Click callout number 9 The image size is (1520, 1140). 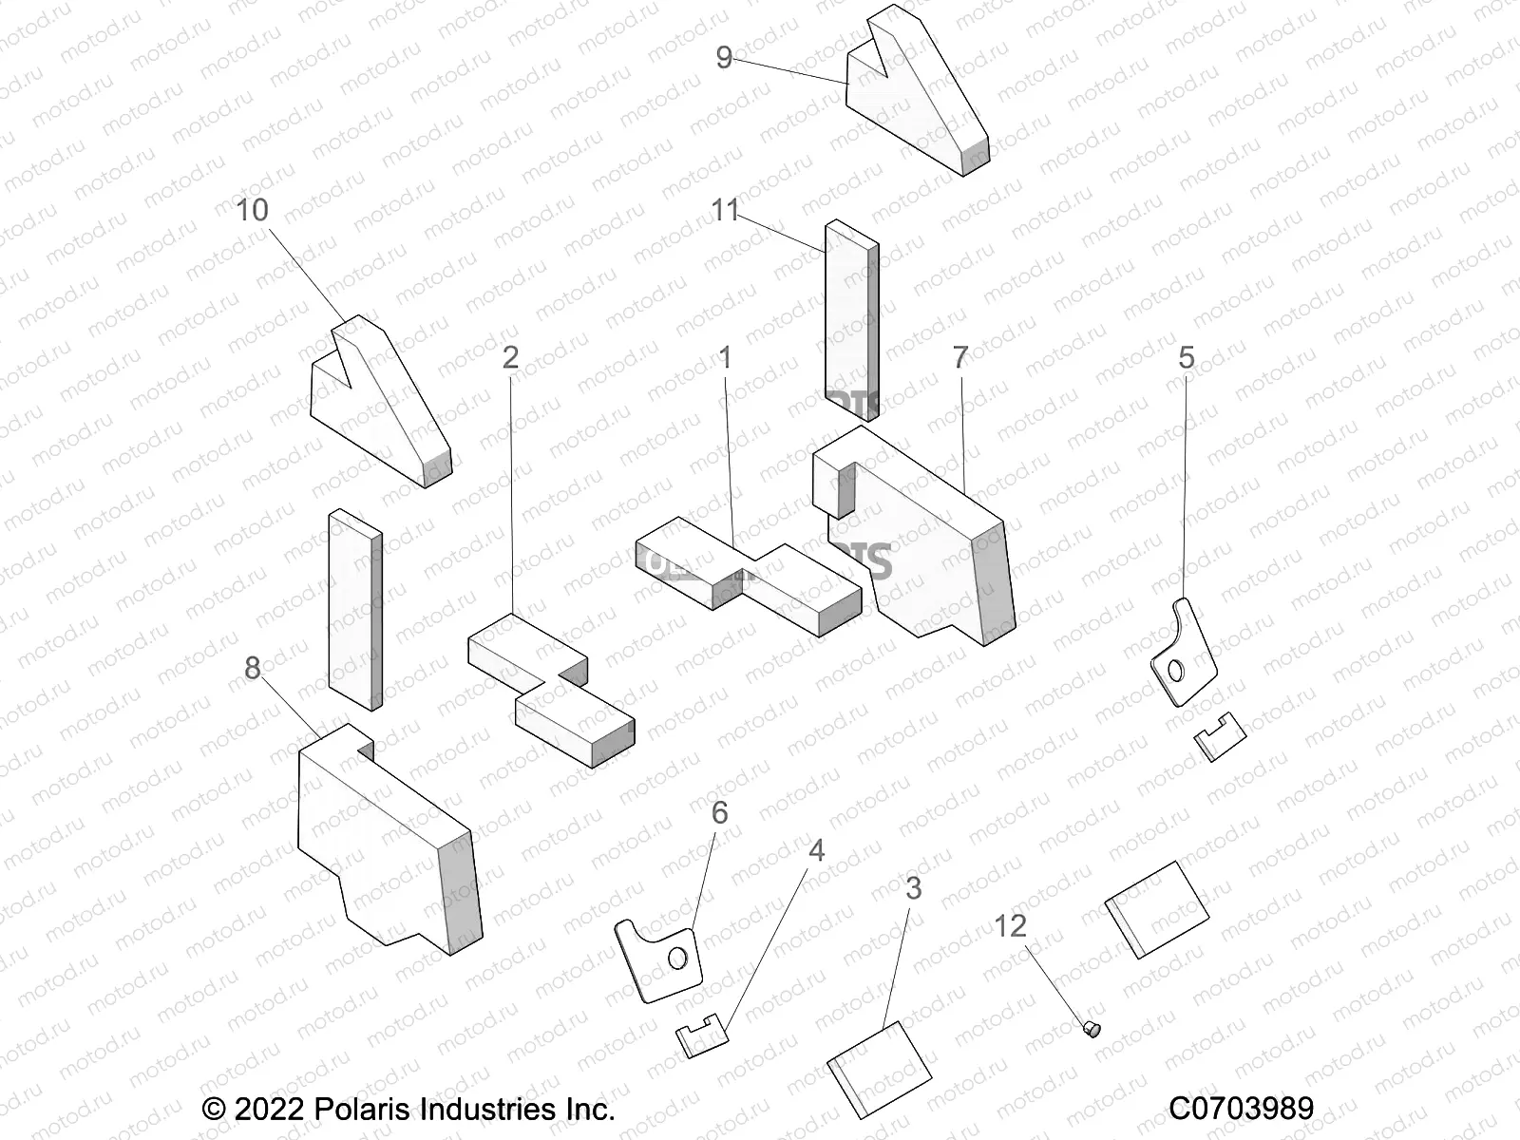coord(724,58)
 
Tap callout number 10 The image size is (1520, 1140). coord(253,210)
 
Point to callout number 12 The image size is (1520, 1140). coord(1011,924)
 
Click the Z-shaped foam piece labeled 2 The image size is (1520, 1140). coord(551,689)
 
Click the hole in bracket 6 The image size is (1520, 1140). coord(677,959)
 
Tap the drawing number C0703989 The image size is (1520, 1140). coord(1241,1109)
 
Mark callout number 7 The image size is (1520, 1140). coord(960,358)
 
